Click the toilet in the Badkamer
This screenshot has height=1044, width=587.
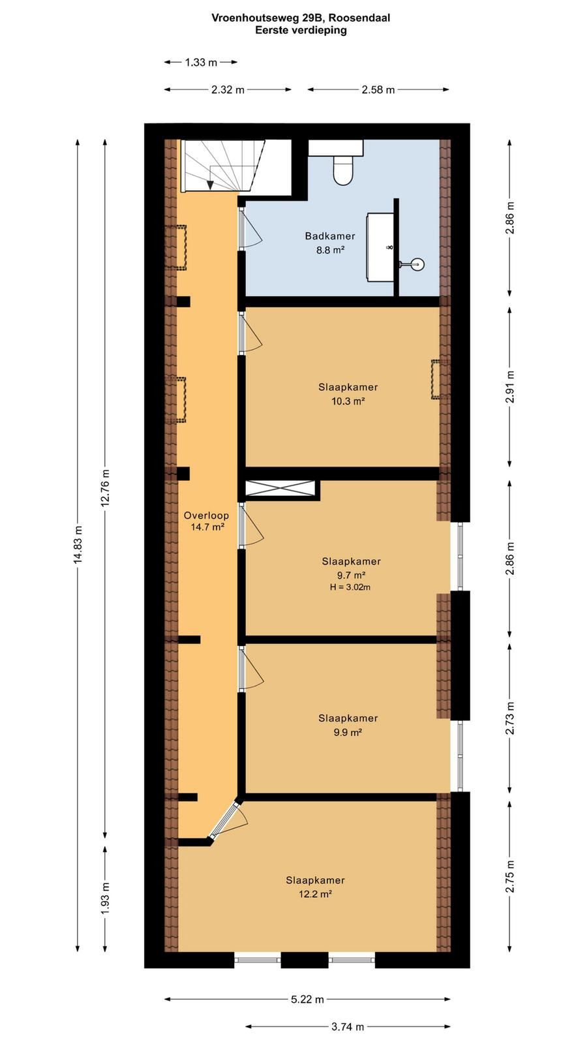pos(343,170)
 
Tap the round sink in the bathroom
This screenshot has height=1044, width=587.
pos(417,264)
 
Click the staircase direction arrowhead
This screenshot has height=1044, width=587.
pos(210,185)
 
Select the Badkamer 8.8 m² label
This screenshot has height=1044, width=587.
pos(330,243)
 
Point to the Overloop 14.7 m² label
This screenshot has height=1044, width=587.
pos(206,521)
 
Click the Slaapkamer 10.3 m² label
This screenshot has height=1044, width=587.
pos(348,394)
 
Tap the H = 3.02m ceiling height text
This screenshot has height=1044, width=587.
pos(350,587)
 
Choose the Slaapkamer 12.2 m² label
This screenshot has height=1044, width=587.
pos(316,887)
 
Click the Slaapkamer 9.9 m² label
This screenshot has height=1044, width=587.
pos(348,725)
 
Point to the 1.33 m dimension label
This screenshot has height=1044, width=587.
pos(201,62)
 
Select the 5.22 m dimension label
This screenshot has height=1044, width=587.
pos(307,999)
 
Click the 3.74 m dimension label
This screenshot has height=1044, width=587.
pos(348,1026)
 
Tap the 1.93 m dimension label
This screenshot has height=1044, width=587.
pos(106,898)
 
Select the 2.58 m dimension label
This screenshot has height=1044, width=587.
pos(378,89)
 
